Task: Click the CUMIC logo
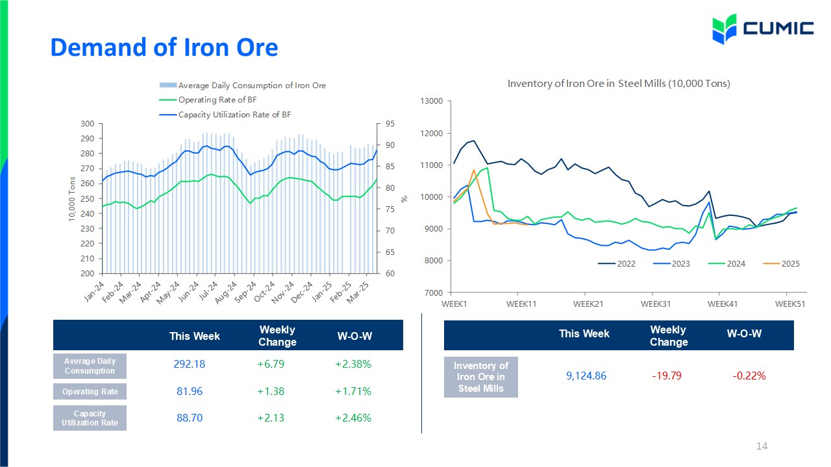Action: click(763, 29)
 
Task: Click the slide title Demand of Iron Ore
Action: click(164, 47)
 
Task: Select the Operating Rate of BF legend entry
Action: click(208, 100)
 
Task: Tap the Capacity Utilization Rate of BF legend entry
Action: click(225, 115)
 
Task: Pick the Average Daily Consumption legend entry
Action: click(243, 85)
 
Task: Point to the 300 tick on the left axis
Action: click(88, 124)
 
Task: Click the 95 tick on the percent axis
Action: click(390, 124)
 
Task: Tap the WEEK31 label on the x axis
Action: click(656, 304)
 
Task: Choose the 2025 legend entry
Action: click(781, 263)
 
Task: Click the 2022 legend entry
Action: click(617, 263)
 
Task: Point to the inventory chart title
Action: click(619, 84)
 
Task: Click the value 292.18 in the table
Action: click(189, 364)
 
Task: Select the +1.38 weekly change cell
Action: click(271, 391)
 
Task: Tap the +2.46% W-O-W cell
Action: click(353, 418)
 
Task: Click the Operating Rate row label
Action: click(90, 391)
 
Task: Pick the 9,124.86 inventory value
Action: click(586, 376)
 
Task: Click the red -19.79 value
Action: click(667, 376)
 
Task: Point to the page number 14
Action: click(762, 446)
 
